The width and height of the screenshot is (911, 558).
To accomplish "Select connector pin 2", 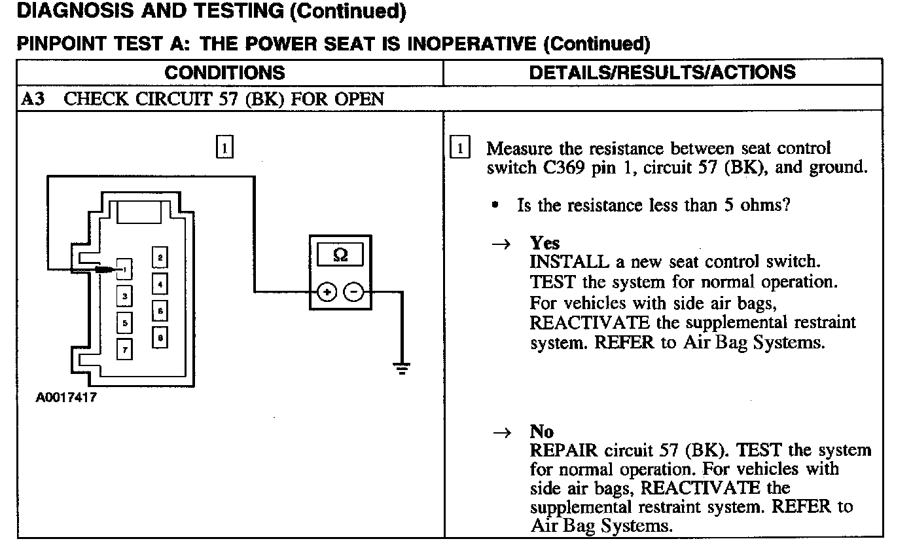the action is (160, 257).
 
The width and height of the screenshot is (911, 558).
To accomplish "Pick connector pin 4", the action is (160, 284).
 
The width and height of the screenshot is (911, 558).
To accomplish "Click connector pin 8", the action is (160, 338).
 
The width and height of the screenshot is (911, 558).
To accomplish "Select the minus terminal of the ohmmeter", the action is (353, 292).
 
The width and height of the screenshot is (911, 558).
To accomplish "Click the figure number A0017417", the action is (66, 397).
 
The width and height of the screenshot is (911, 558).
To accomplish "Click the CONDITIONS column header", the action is (224, 72).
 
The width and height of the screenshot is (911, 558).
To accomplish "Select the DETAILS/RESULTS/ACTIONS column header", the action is (662, 72).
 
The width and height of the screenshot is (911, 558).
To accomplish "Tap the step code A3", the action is (32, 99).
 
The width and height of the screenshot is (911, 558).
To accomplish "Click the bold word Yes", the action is (545, 244).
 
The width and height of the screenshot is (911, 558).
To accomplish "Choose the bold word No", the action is (542, 432).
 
